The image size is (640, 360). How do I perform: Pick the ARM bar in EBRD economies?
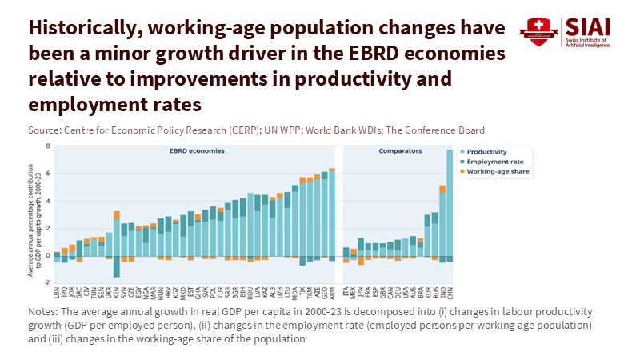click(x=332, y=212)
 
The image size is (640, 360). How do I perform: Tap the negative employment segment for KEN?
click(x=117, y=266)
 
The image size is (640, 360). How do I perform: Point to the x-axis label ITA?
click(x=346, y=292)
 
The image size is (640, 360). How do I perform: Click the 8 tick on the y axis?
click(x=48, y=146)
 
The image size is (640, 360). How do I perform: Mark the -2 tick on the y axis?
click(x=47, y=282)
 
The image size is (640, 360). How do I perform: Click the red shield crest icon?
click(x=538, y=31)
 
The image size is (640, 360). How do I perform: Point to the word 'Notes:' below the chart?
click(x=44, y=311)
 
